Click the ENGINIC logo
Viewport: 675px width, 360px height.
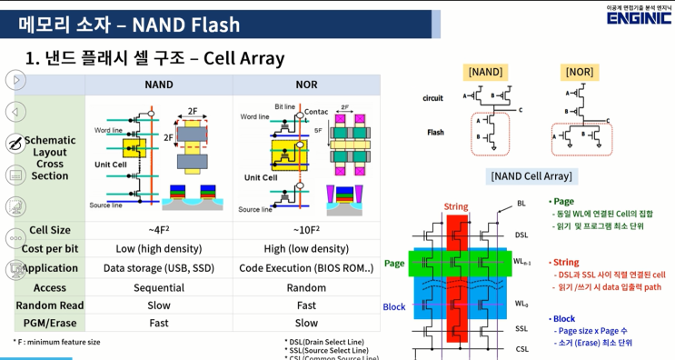coord(639,16)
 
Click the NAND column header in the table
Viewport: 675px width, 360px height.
coord(159,84)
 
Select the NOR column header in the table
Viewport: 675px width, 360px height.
coord(306,84)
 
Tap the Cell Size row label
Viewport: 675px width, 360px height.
coord(50,231)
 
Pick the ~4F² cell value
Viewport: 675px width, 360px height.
coord(159,231)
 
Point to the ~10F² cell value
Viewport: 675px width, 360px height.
coord(306,231)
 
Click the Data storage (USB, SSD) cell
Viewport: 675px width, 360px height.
coord(159,268)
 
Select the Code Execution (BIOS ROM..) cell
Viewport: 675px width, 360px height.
coord(306,268)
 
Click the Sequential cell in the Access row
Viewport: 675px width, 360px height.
coord(159,286)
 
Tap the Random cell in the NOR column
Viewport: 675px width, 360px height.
coord(306,286)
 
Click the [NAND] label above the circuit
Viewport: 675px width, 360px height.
coord(485,71)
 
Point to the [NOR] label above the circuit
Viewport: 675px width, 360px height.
coord(579,71)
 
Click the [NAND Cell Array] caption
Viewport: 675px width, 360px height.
coord(531,176)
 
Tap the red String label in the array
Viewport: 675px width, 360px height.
coord(456,207)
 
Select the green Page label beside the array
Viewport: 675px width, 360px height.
coord(394,263)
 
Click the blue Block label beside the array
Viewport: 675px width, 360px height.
coord(394,307)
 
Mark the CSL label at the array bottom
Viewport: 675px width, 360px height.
coord(521,348)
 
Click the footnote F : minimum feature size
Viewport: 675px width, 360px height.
coord(57,342)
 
